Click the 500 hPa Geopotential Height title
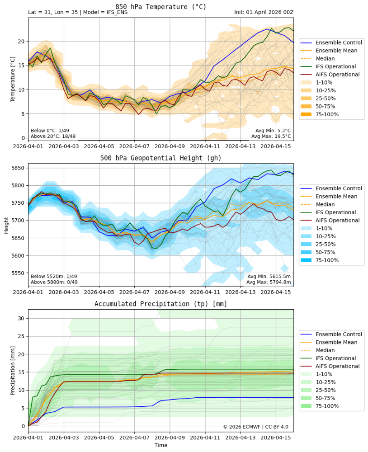(160, 158)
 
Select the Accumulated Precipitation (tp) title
(160, 304)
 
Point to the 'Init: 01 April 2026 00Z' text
(264, 13)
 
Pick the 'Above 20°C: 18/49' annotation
(52, 136)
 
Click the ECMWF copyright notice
(256, 427)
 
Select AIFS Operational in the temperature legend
(337, 75)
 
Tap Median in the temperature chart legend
(325, 58)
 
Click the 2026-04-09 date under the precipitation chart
(170, 438)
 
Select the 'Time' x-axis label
(160, 445)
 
